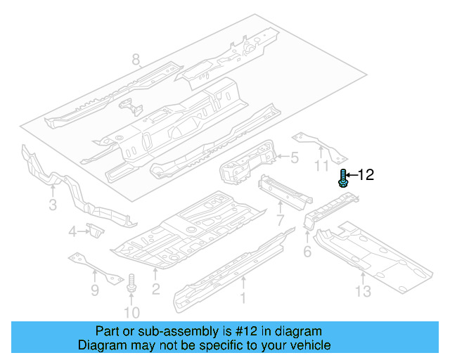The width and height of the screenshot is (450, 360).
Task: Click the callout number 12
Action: (366, 176)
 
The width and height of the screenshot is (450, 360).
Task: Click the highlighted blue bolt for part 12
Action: (343, 179)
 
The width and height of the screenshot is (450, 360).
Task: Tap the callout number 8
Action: (136, 60)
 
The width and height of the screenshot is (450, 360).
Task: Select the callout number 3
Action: (52, 205)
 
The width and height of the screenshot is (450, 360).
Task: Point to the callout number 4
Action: (72, 232)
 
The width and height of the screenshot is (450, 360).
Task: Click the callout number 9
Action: (95, 288)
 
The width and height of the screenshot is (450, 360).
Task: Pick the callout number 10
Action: (131, 312)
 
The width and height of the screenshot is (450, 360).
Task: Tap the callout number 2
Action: (156, 288)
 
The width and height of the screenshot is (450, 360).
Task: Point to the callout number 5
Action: (295, 158)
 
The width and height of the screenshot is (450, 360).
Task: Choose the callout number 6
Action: (307, 252)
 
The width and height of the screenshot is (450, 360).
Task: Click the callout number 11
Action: (321, 166)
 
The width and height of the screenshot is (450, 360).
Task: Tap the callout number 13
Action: (363, 290)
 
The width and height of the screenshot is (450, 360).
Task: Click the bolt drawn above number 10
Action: (131, 283)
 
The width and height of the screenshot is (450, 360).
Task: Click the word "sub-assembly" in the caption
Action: (200, 331)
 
